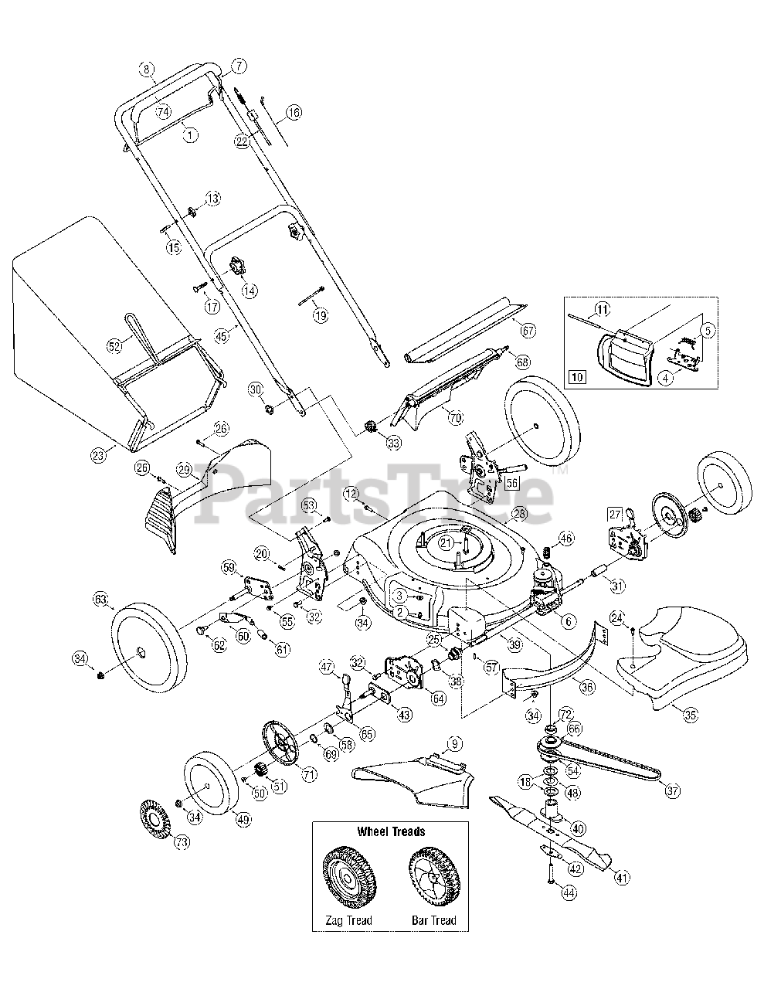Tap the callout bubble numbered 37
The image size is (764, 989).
673,790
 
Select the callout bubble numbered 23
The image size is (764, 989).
98,456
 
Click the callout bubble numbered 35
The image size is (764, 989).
690,715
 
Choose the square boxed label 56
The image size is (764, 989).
511,482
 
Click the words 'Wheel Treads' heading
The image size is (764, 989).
390,831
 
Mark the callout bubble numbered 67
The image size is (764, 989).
528,330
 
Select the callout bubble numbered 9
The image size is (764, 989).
455,745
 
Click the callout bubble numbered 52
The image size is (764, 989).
115,347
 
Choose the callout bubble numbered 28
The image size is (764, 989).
518,514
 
